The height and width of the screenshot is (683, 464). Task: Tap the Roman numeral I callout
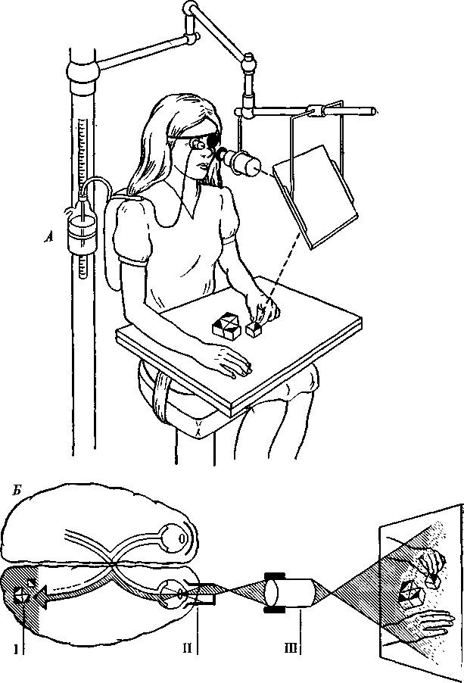pos(16,650)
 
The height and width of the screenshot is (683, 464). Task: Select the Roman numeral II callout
pos(187,649)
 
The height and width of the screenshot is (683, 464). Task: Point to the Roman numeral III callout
pos(291,648)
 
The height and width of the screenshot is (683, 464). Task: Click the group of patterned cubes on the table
pos(227,325)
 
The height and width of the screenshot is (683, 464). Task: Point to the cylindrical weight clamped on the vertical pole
pos(81,235)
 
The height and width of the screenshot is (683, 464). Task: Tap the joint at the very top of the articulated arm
pos(190,8)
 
